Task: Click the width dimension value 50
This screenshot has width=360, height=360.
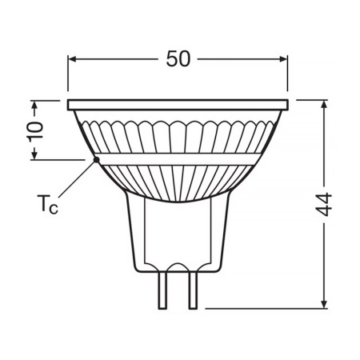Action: tap(179, 60)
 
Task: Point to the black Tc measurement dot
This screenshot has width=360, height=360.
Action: tap(96, 159)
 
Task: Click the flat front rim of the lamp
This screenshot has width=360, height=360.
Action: tap(178, 104)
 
